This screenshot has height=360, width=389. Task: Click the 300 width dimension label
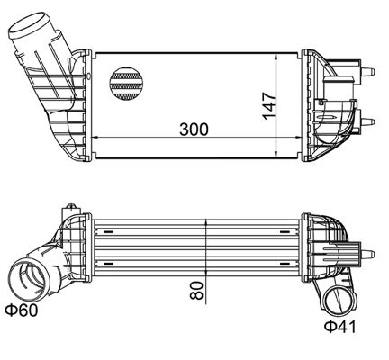pos(194,130)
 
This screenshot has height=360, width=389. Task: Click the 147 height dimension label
pos(268,106)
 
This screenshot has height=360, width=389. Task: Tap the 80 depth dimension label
pos(196,291)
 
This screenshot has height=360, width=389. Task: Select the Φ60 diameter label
pos(22,310)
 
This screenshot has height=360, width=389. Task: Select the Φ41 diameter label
pos(340,327)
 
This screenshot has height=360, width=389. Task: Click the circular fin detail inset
pos(126,84)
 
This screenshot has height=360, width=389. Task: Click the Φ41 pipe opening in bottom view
pos(341,301)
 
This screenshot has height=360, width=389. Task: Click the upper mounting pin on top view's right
pos(367,72)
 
